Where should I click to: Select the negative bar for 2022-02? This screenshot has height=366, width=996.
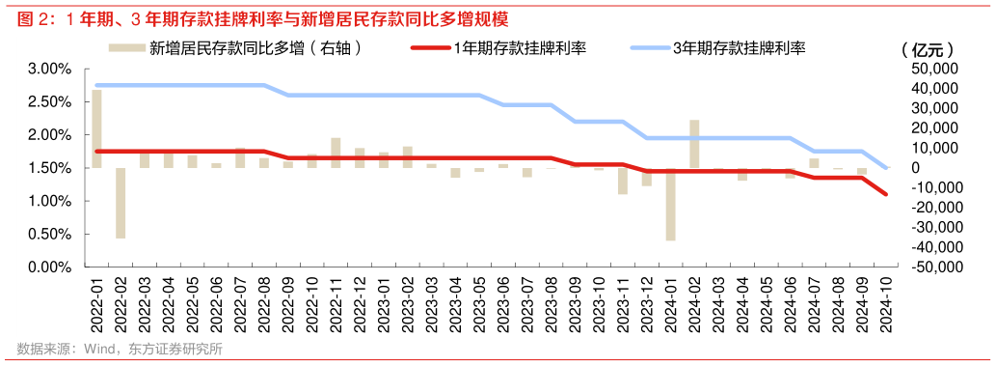click(121, 203)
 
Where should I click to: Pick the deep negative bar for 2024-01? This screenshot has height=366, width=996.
click(670, 204)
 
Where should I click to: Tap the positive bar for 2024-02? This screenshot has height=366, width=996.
click(694, 144)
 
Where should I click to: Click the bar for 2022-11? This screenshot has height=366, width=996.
click(336, 153)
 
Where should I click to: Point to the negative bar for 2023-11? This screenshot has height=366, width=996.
click(623, 181)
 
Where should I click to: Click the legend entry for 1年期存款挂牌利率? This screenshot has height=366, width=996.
click(521, 47)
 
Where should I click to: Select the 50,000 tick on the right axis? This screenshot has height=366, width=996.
click(934, 70)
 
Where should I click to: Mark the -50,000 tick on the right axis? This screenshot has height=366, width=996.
click(932, 267)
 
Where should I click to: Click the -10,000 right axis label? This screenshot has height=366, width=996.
click(932, 188)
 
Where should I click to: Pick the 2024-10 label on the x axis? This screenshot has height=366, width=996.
click(886, 303)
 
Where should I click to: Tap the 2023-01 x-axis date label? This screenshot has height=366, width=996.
click(384, 303)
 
